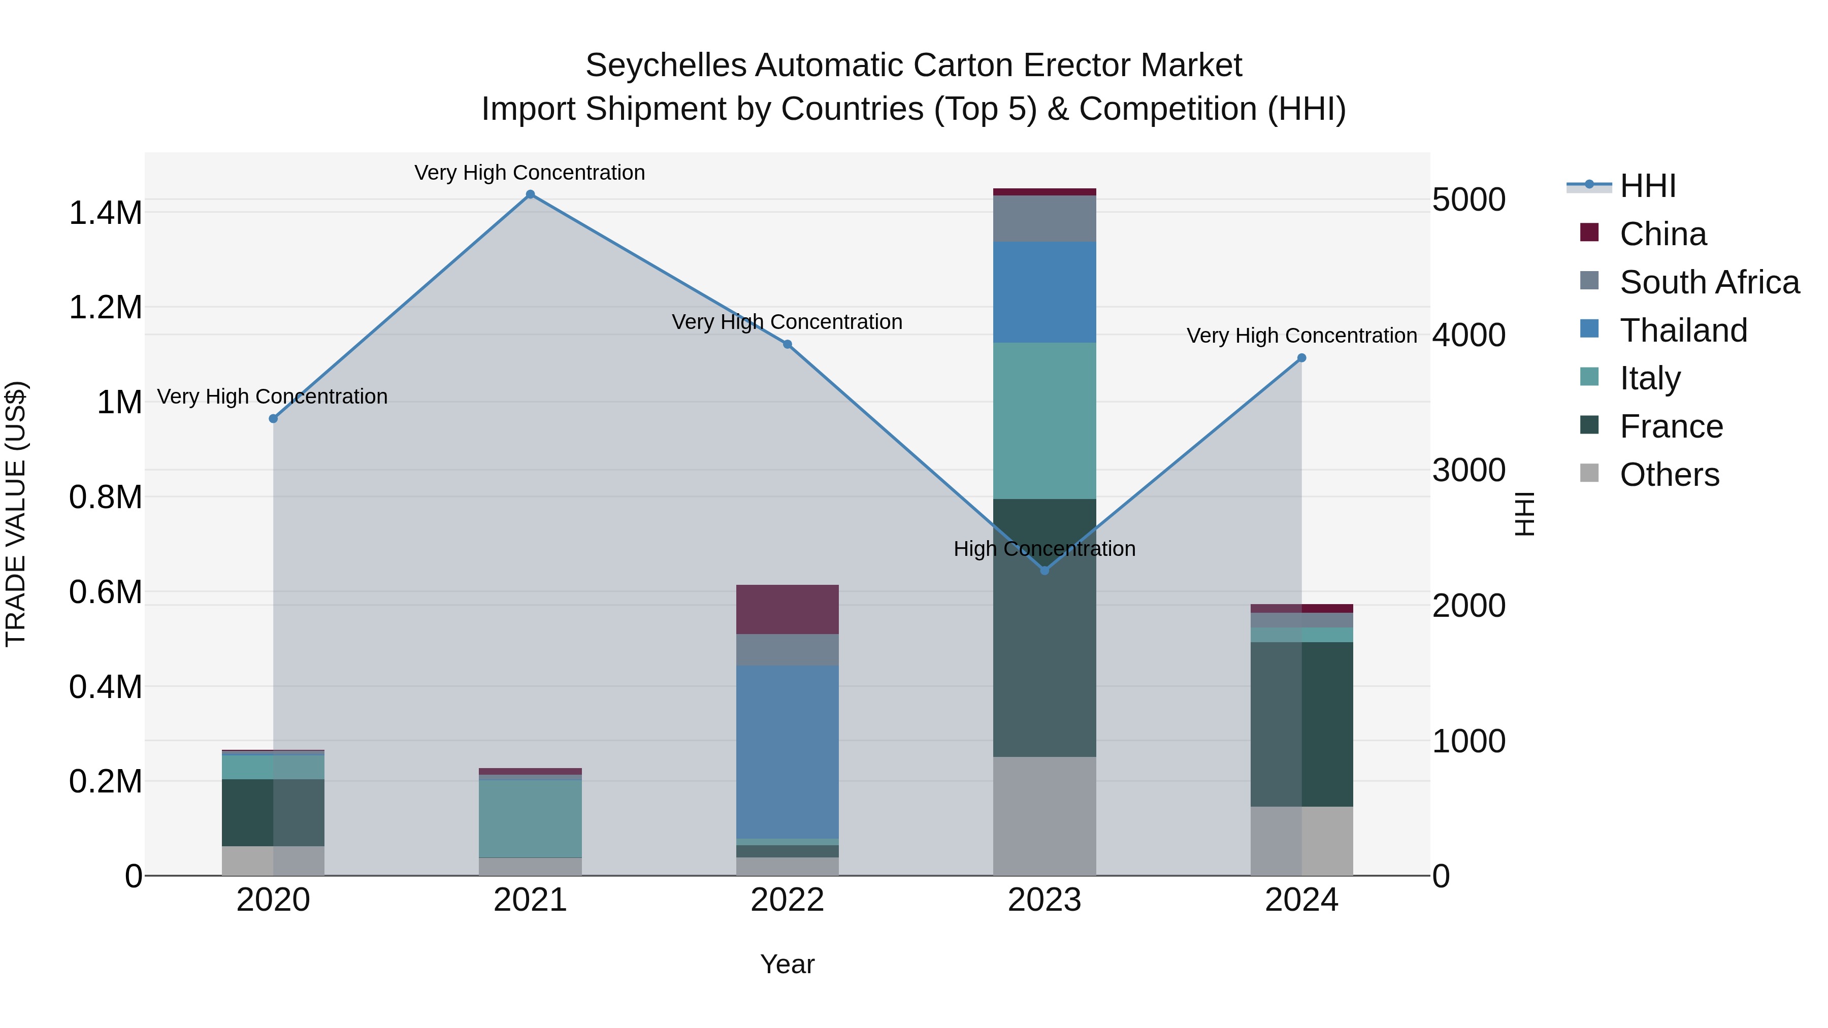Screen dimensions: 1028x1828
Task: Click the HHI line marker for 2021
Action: click(530, 194)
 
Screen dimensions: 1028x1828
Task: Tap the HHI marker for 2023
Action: click(1044, 571)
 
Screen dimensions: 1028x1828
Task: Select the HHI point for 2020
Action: click(273, 419)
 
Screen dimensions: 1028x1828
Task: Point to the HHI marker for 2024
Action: click(1301, 358)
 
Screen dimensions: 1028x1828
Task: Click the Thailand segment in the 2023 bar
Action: click(1044, 292)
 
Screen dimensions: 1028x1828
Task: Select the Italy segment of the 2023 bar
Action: click(1044, 421)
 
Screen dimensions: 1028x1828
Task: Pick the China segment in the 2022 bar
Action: click(787, 609)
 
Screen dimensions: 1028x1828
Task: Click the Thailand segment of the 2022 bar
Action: click(787, 752)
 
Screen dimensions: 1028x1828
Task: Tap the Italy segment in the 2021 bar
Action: click(530, 819)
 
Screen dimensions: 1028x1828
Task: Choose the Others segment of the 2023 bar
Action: click(1044, 816)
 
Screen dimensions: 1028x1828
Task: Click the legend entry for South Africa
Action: click(1709, 282)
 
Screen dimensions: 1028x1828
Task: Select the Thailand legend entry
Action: click(1683, 330)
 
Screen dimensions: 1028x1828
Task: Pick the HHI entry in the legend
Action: click(1647, 186)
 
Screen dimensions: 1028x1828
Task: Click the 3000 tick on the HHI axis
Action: click(1468, 471)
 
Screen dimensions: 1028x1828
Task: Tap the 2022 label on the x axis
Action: click(787, 900)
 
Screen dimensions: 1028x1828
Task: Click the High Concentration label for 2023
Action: click(1044, 549)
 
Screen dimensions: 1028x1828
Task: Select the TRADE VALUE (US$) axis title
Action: click(16, 514)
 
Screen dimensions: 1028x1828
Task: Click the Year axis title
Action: click(787, 964)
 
